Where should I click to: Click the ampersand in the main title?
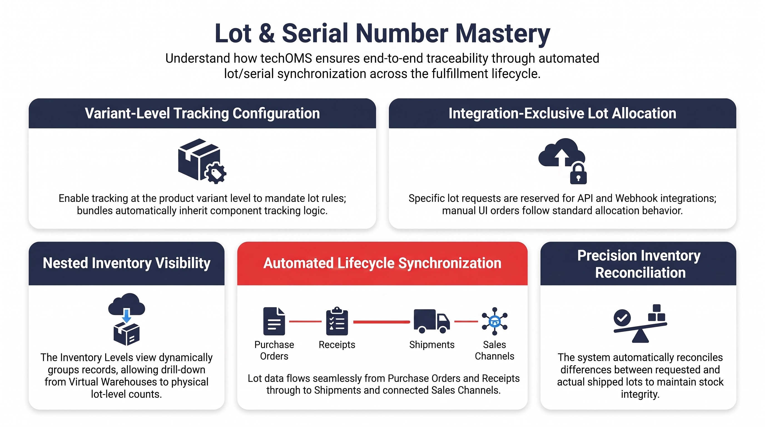[266, 34]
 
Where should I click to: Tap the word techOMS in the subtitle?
[286, 58]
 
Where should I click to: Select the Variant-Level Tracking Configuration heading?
[202, 113]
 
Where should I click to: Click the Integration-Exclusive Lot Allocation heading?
[562, 113]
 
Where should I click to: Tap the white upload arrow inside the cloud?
[562, 157]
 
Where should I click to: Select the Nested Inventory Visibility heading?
[126, 263]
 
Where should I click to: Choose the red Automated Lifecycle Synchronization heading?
[382, 263]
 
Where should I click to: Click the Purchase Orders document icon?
[274, 321]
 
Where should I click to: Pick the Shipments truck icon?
[431, 321]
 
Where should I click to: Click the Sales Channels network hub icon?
[495, 322]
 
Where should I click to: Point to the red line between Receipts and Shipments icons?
[381, 322]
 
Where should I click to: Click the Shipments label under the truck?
[432, 344]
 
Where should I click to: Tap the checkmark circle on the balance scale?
[622, 318]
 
